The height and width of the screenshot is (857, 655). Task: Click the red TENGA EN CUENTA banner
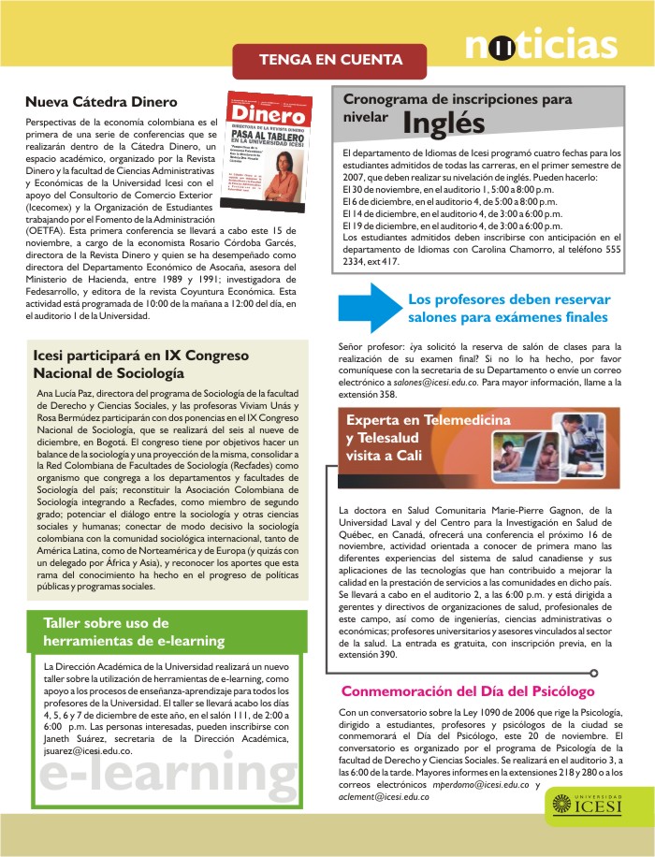[x=330, y=60]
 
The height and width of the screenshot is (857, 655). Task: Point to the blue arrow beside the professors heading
[x=369, y=308]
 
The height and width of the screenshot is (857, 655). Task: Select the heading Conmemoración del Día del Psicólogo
[x=468, y=692]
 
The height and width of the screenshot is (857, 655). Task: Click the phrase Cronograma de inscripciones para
[x=457, y=98]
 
